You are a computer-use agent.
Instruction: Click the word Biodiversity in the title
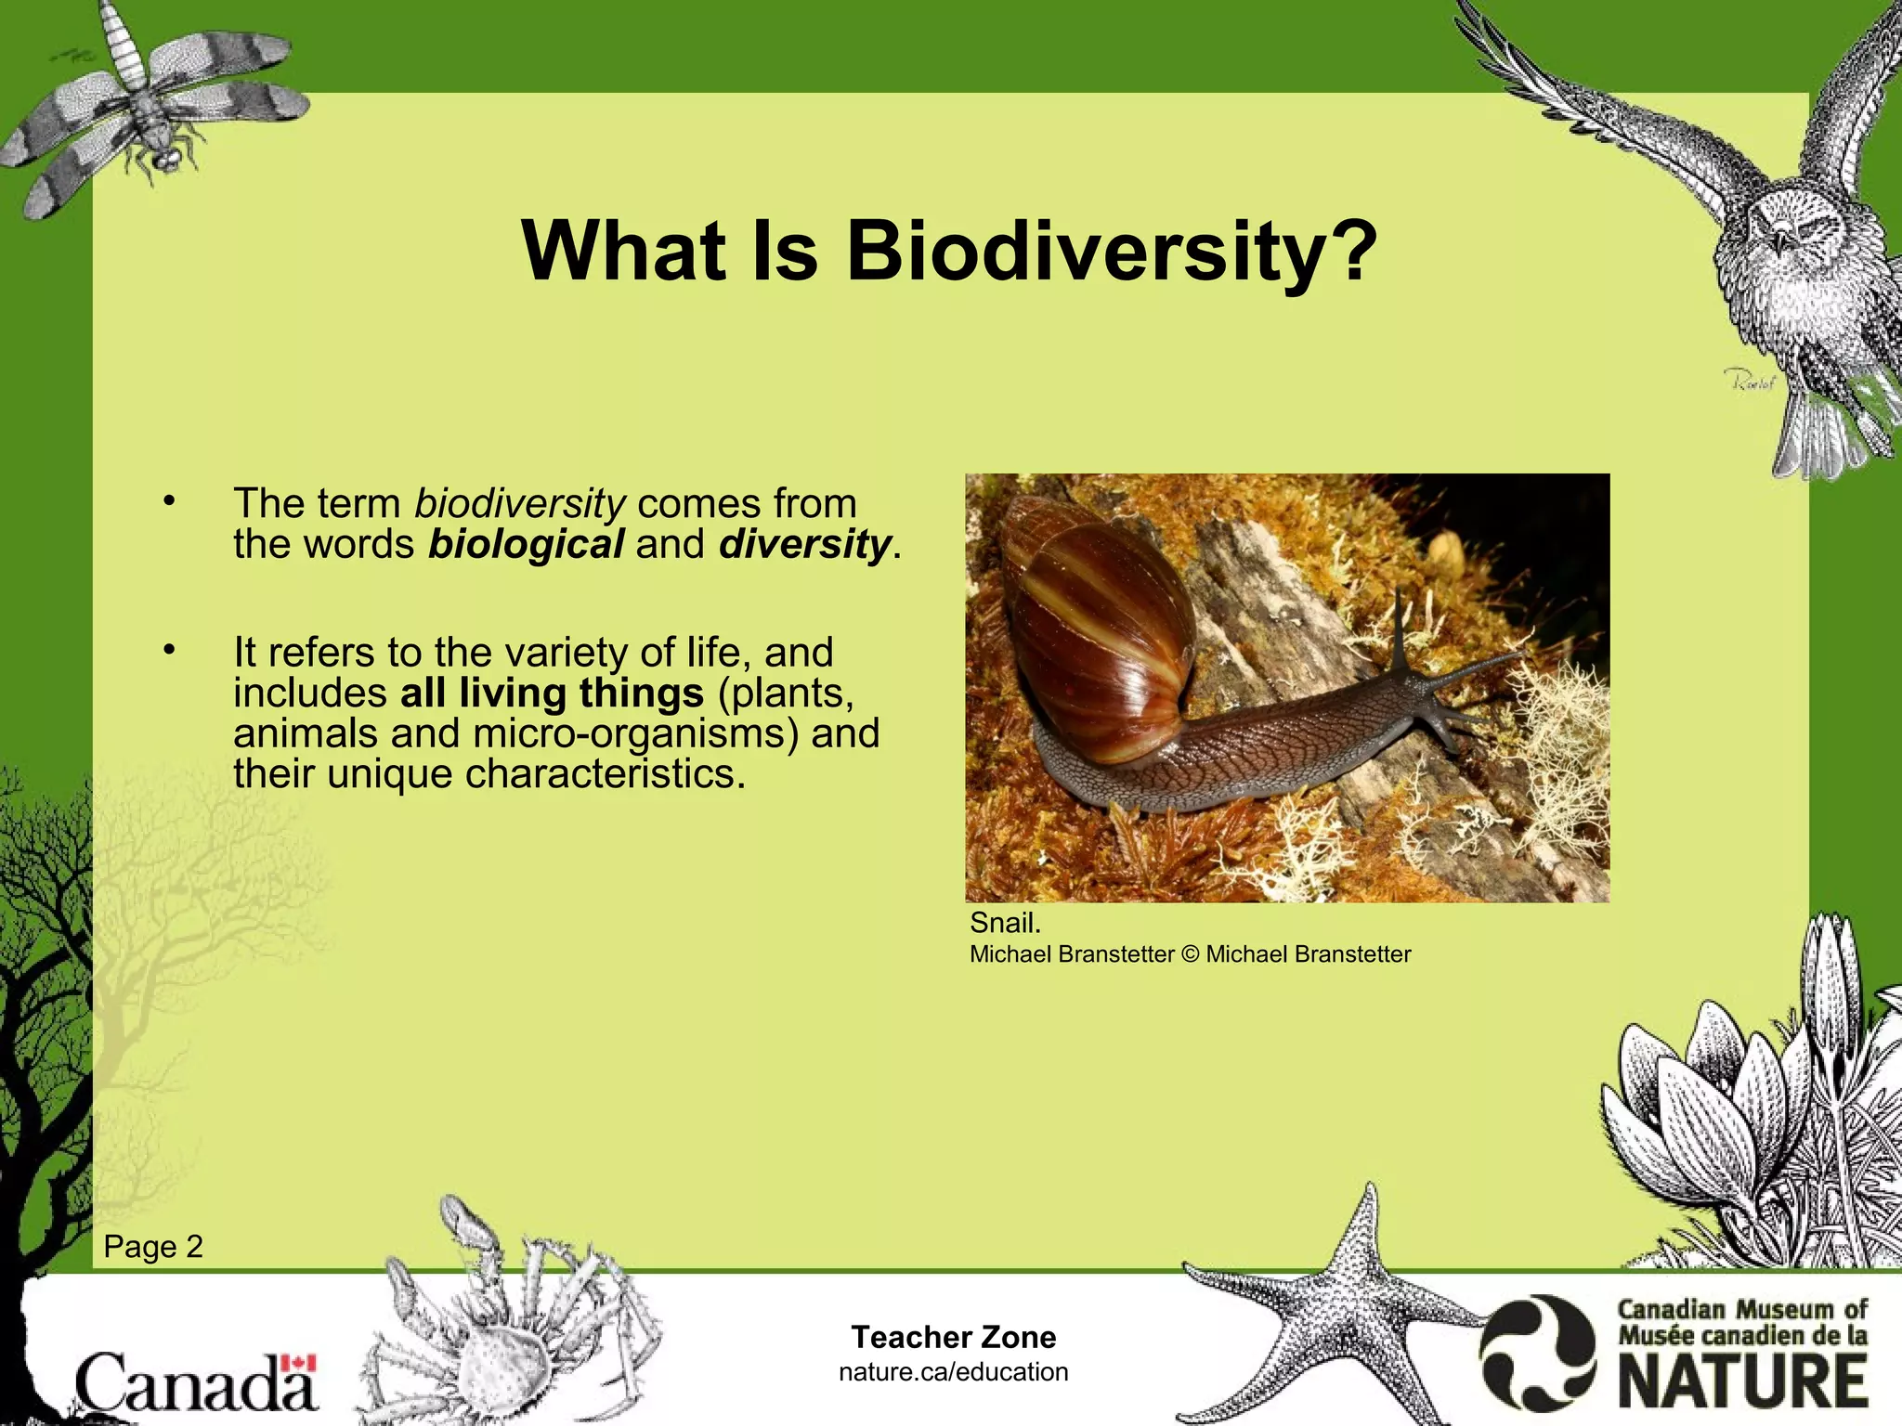click(x=1110, y=253)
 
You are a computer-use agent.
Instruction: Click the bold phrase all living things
click(x=552, y=694)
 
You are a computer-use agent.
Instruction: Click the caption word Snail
click(x=1005, y=923)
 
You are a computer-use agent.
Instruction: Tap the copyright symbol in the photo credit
click(x=1190, y=954)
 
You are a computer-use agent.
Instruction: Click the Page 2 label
click(x=153, y=1247)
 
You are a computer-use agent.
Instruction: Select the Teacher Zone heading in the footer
click(x=954, y=1337)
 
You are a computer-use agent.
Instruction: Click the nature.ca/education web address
click(x=954, y=1372)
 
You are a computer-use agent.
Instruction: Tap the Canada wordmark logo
click(x=195, y=1383)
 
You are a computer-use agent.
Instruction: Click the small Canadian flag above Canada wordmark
click(x=299, y=1363)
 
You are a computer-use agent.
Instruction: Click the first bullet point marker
click(x=168, y=502)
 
